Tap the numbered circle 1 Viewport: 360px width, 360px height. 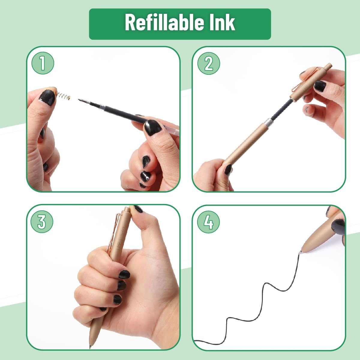pos(43,63)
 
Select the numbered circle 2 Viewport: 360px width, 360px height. pos(209,63)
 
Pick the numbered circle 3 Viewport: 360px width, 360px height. pos(42,222)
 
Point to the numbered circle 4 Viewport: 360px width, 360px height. pos(208,222)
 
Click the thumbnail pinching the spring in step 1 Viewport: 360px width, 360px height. pos(47,97)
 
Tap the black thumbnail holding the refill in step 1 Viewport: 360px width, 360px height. pos(153,127)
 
